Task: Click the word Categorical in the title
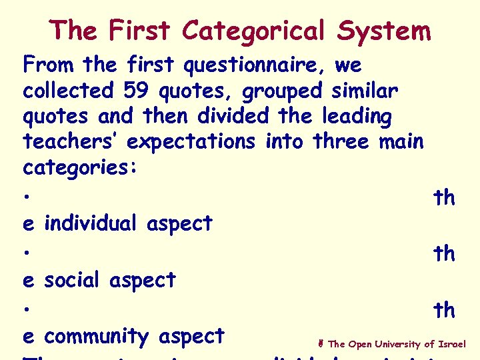[254, 31]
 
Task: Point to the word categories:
[81, 168]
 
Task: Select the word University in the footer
[397, 344]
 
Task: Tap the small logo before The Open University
[321, 344]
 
